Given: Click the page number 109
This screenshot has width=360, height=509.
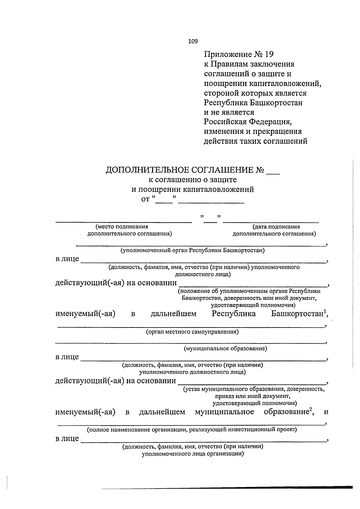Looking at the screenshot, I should point(193,41).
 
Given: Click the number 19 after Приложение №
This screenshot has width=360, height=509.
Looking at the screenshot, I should point(269,54).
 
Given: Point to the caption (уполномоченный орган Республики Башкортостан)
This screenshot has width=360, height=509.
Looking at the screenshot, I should point(193,250).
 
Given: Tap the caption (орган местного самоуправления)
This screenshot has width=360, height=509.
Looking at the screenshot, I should point(192,332).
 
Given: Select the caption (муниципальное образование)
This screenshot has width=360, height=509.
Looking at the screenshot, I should point(225,349).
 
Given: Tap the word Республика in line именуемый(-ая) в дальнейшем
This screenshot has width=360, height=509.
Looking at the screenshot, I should point(234,314).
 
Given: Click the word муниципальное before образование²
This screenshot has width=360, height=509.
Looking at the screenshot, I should point(224,412).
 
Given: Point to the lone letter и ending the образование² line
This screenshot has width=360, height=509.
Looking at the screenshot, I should point(326,412).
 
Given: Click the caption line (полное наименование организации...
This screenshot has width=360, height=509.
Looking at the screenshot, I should point(192,430).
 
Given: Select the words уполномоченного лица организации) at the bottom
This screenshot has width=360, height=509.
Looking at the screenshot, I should point(193,454).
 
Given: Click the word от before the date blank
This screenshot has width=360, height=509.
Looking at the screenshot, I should point(145,199).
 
